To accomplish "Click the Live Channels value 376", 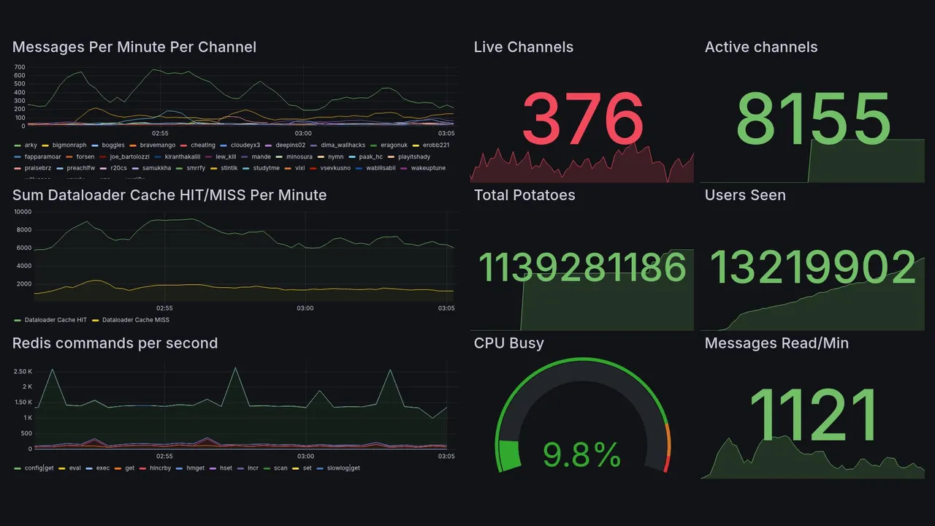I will pyautogui.click(x=582, y=119).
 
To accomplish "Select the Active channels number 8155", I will pyautogui.click(x=814, y=119).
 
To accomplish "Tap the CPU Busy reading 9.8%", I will pyautogui.click(x=581, y=456).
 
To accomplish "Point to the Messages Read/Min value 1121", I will pyautogui.click(x=813, y=415).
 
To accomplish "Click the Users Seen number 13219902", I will pyautogui.click(x=813, y=267).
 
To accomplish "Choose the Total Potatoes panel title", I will pyautogui.click(x=524, y=195).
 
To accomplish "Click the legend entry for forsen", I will pyautogui.click(x=85, y=157).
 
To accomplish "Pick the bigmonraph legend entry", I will pyautogui.click(x=69, y=145).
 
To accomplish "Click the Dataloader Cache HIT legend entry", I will pyautogui.click(x=56, y=320).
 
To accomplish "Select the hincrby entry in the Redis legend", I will pyautogui.click(x=159, y=468).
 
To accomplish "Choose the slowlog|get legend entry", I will pyautogui.click(x=342, y=468).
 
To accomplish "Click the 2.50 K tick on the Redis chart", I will pyautogui.click(x=23, y=372).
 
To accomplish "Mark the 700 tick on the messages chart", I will pyautogui.click(x=20, y=67).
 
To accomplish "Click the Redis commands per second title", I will pyautogui.click(x=115, y=343).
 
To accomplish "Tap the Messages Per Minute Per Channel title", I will pyautogui.click(x=134, y=47).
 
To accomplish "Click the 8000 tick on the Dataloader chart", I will pyautogui.click(x=23, y=230).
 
